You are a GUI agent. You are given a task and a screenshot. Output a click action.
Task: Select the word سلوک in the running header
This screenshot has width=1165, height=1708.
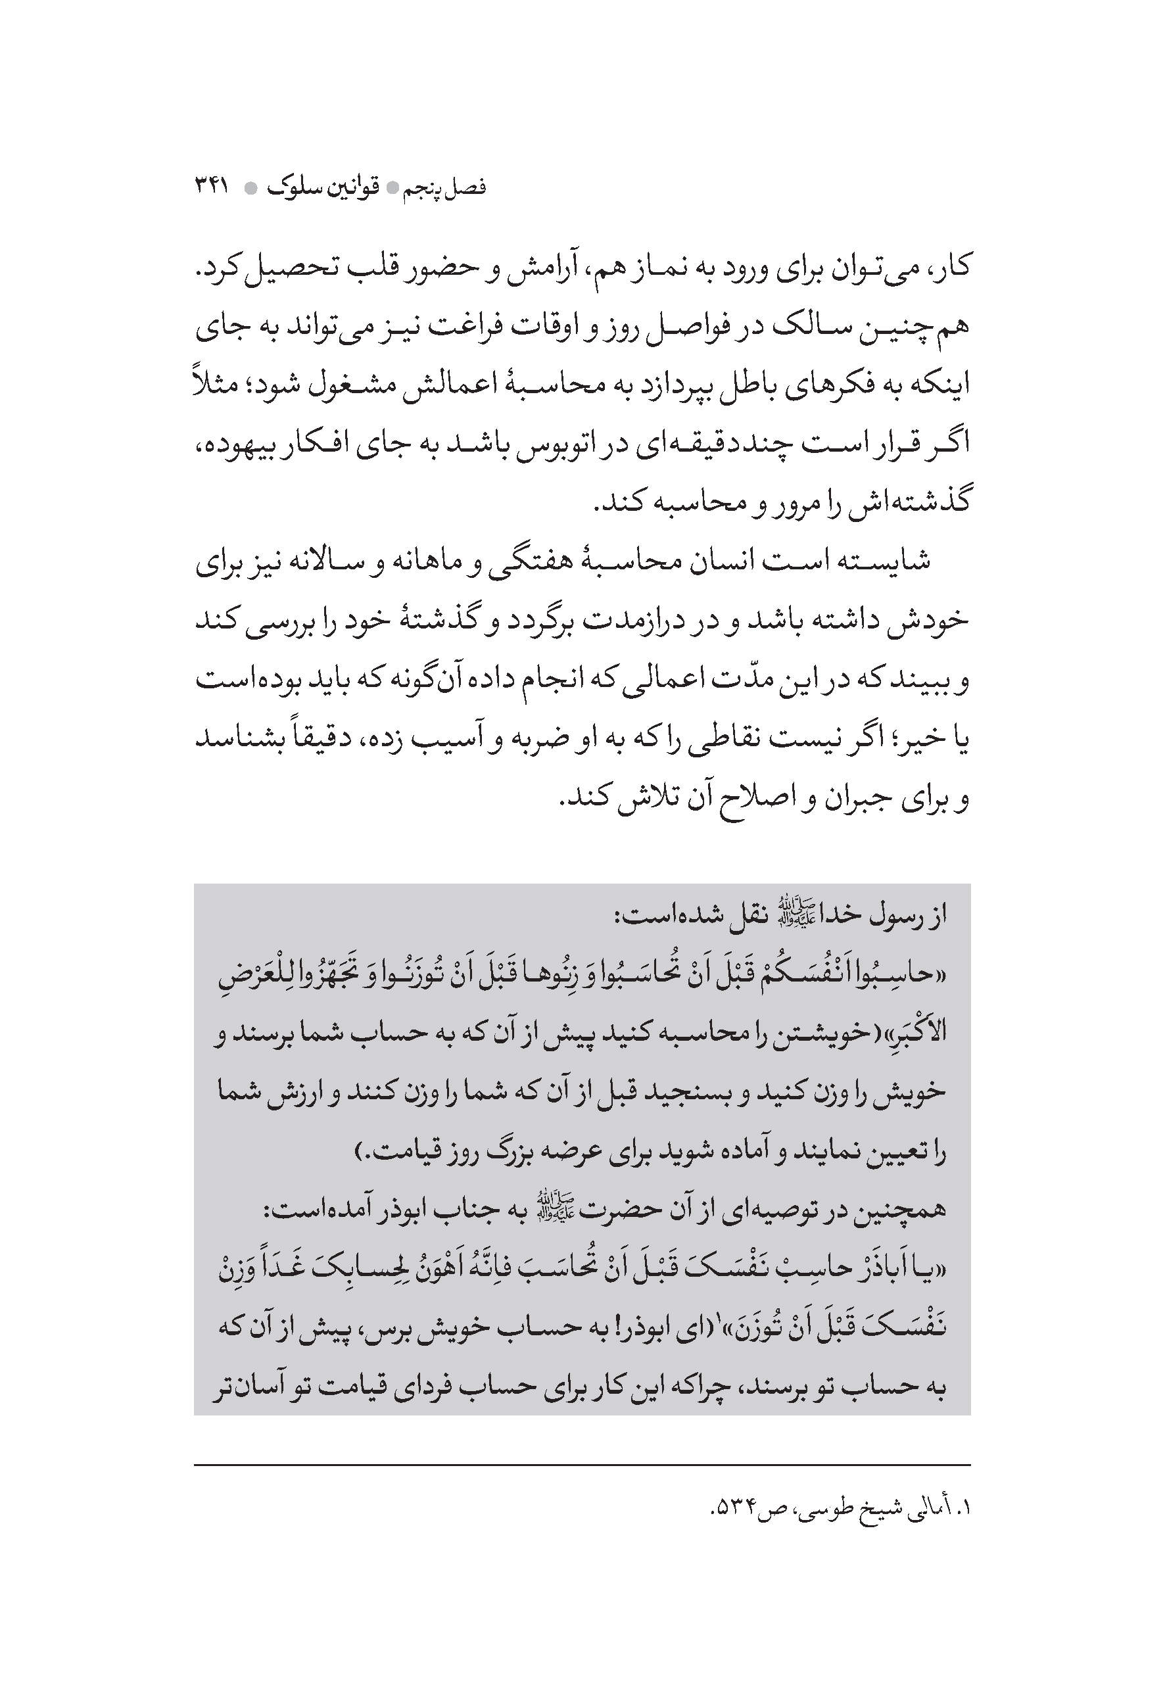coord(294,188)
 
